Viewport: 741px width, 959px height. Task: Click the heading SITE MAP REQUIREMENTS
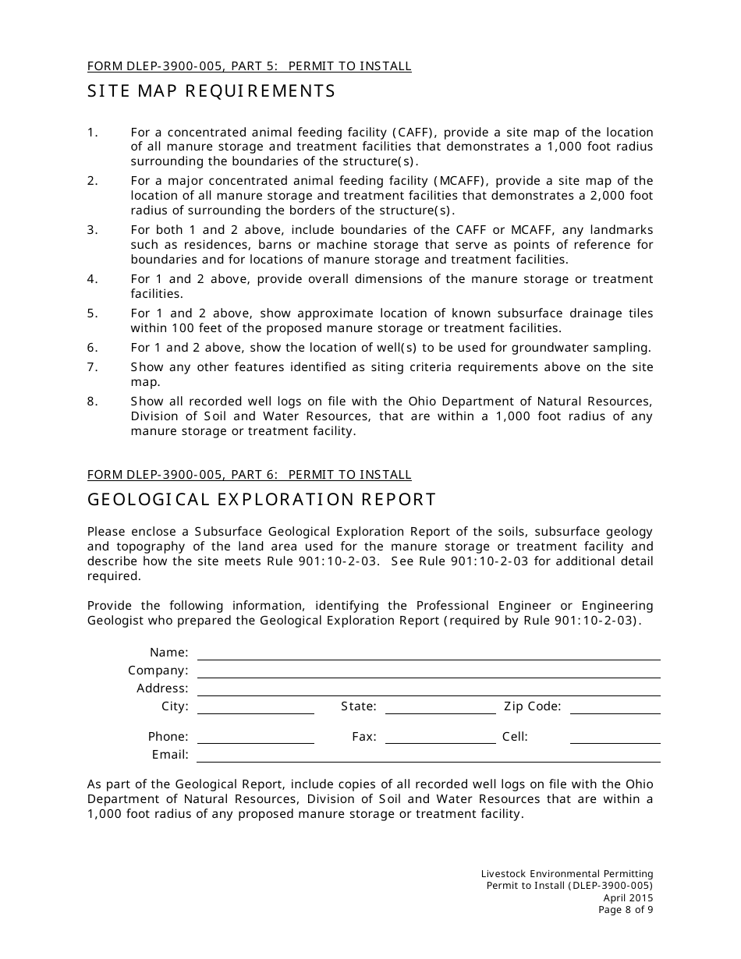tap(211, 91)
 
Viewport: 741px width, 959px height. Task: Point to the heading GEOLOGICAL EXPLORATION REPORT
tap(261, 500)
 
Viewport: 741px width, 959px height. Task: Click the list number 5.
tap(93, 313)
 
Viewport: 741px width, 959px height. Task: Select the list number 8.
tap(93, 402)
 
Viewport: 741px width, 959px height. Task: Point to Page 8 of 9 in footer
tap(626, 909)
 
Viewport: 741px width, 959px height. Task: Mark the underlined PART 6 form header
tap(249, 474)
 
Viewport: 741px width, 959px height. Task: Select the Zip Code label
tap(532, 706)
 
